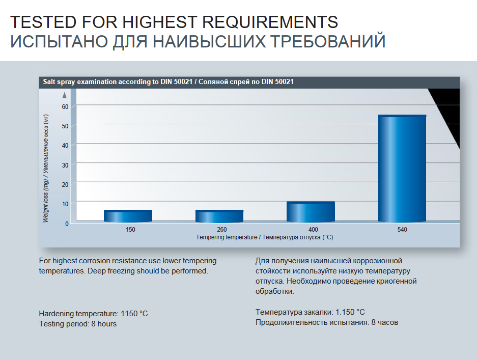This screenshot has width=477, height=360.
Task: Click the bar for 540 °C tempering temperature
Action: click(x=402, y=169)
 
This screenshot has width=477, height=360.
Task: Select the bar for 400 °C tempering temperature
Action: click(x=311, y=212)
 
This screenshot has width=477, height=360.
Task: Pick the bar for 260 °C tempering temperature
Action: click(x=219, y=216)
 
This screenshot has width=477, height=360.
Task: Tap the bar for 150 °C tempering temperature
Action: click(x=128, y=216)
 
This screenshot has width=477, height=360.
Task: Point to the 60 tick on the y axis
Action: click(x=65, y=106)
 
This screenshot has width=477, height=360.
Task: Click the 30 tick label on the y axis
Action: click(x=65, y=164)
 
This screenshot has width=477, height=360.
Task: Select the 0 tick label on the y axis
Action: click(x=66, y=223)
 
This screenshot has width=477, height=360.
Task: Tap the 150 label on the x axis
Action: click(x=130, y=230)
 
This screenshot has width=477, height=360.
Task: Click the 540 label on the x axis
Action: click(x=402, y=230)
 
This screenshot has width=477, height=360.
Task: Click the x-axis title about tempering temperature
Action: click(x=264, y=237)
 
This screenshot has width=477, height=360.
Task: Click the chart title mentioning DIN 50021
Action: click(x=168, y=82)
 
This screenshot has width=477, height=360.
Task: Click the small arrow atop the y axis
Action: click(x=65, y=95)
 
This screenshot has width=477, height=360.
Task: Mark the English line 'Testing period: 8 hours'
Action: click(x=77, y=324)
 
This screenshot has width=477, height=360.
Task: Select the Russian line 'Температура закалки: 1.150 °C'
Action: click(x=310, y=312)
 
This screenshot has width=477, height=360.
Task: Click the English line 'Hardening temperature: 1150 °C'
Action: click(x=93, y=313)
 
